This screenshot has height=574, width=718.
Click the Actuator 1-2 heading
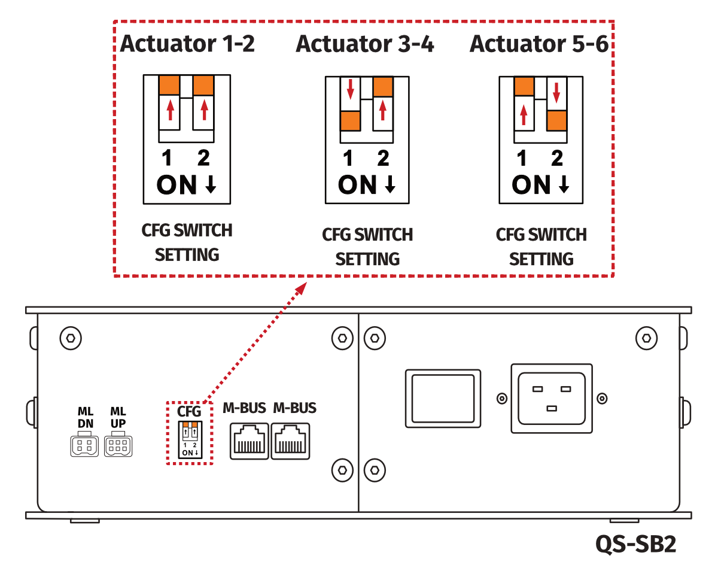(x=187, y=44)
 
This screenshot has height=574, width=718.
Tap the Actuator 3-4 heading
(x=365, y=44)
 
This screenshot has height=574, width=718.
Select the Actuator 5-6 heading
(x=539, y=44)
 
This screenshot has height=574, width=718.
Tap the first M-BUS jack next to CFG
(x=249, y=441)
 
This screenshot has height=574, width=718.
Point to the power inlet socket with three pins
(x=551, y=398)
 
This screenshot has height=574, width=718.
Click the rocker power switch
(x=443, y=398)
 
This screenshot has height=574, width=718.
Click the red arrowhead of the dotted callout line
(x=301, y=289)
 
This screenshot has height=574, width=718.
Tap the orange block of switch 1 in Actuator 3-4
(x=350, y=121)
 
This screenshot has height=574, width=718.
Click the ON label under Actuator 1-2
(x=177, y=186)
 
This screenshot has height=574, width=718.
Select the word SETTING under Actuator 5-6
(x=541, y=259)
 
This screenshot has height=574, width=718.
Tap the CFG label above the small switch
(x=189, y=411)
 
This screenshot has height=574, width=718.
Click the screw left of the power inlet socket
(x=503, y=398)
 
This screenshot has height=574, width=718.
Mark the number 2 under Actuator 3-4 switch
(x=383, y=159)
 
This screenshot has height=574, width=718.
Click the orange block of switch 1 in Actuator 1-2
(x=169, y=86)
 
